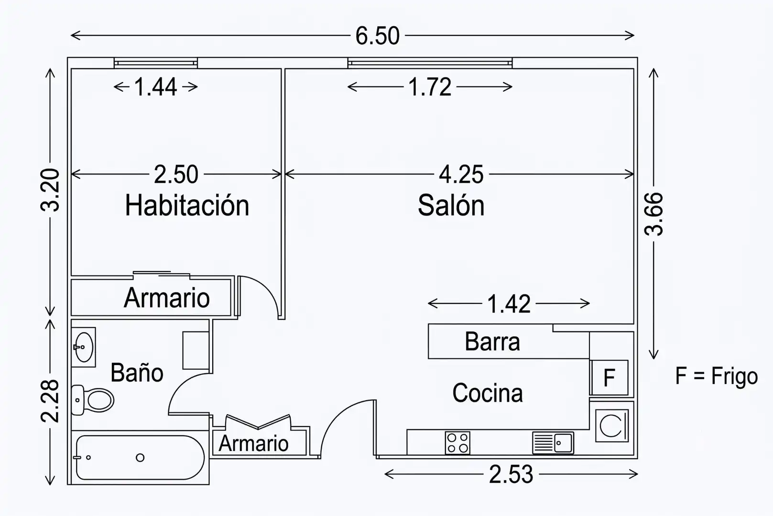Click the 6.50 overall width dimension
pyautogui.click(x=378, y=36)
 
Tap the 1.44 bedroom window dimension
pyautogui.click(x=156, y=87)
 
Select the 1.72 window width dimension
pyautogui.click(x=430, y=87)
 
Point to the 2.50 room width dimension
pyautogui.click(x=176, y=174)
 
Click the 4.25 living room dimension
pyautogui.click(x=461, y=174)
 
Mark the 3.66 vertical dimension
pyautogui.click(x=653, y=214)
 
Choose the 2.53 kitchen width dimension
pyautogui.click(x=511, y=474)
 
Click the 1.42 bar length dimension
pyautogui.click(x=509, y=304)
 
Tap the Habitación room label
pyautogui.click(x=187, y=205)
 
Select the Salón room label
pyautogui.click(x=451, y=205)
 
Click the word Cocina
pyautogui.click(x=488, y=393)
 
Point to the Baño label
pyautogui.click(x=137, y=373)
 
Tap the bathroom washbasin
pyautogui.click(x=84, y=347)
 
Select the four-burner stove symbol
pyautogui.click(x=457, y=442)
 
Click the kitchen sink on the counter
pyautogui.click(x=553, y=442)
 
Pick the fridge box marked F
pyautogui.click(x=609, y=378)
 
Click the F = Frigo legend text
pyautogui.click(x=717, y=376)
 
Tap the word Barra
pyautogui.click(x=492, y=342)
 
